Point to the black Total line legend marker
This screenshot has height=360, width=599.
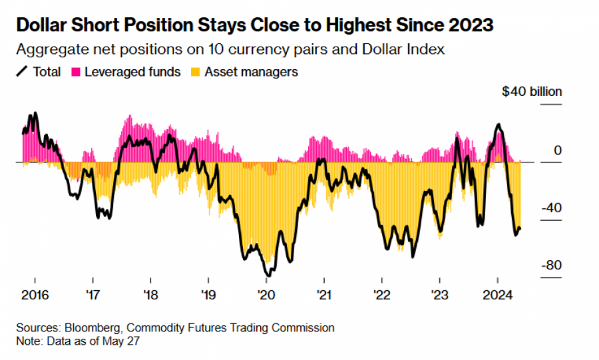[21, 72]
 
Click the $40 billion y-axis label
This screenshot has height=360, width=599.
[532, 92]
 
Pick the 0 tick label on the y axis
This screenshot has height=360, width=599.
[558, 151]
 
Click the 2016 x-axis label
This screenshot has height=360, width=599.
[33, 294]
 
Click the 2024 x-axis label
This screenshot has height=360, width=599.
[499, 294]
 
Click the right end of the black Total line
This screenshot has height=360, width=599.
[520, 229]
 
